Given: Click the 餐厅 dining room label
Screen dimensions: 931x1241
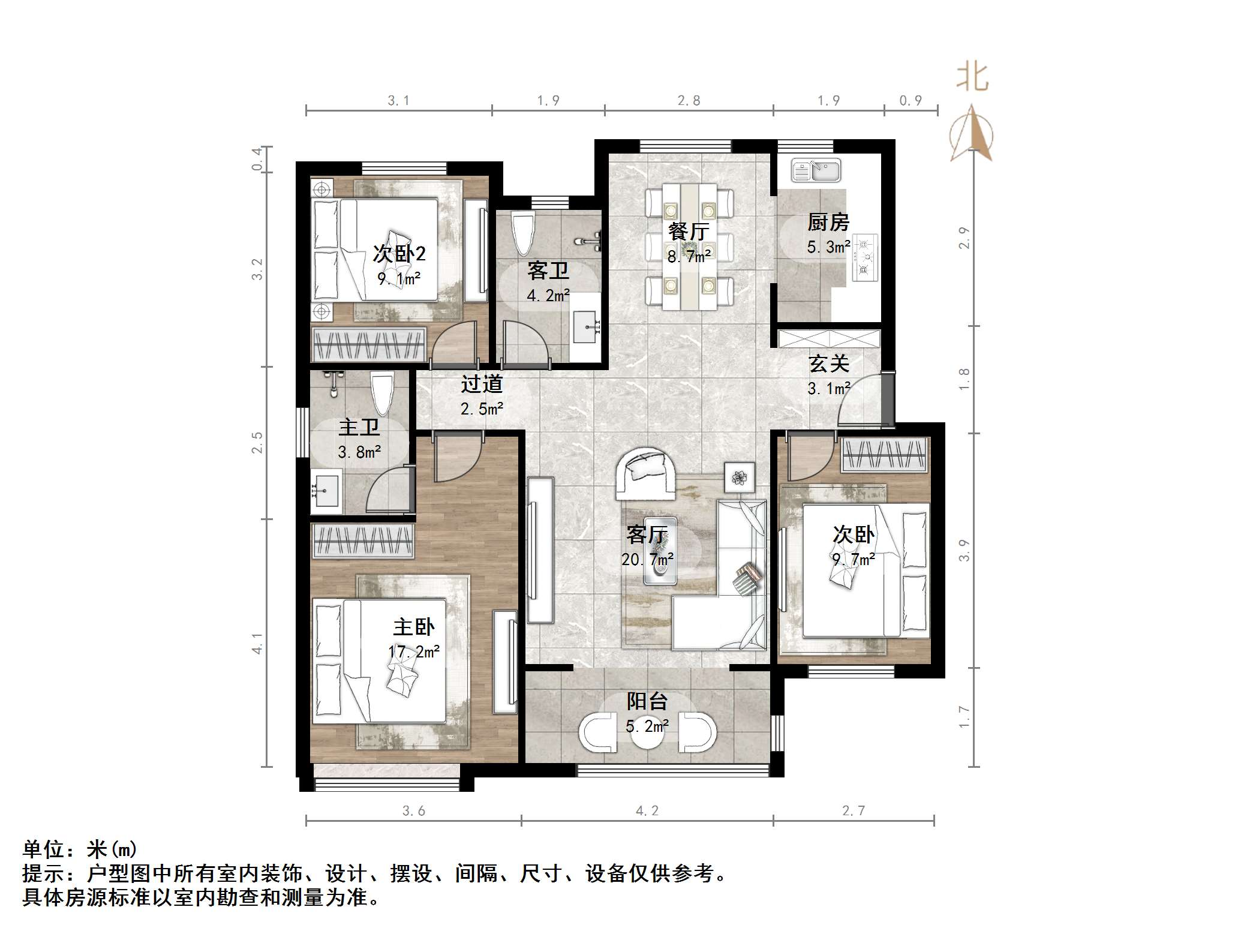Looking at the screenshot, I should coord(688,231).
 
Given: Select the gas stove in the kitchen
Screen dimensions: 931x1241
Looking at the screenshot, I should coord(864,257).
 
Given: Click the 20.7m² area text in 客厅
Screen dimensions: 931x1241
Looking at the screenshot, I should coord(647,560).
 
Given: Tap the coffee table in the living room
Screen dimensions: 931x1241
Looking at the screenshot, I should coord(660,551).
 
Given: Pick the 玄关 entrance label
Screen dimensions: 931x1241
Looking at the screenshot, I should coord(828,364).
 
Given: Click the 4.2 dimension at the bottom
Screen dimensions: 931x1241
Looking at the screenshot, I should coord(647,811).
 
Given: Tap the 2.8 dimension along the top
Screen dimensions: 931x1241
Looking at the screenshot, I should coord(689,101).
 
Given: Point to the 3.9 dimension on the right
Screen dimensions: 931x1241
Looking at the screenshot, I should coord(964,550).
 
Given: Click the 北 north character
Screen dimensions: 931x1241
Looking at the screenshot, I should coord(972,78).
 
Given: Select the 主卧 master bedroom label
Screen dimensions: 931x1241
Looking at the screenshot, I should coord(414,627).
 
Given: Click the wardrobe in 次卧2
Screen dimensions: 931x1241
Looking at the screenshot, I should coord(368,345).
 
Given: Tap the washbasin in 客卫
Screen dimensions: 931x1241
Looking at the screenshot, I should coord(586,328).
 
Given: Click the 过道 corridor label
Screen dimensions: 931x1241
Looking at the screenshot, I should coord(482,384).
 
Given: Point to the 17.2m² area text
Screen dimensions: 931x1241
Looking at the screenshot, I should coord(414,651).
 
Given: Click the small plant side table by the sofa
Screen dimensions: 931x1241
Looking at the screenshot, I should coord(739,477).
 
